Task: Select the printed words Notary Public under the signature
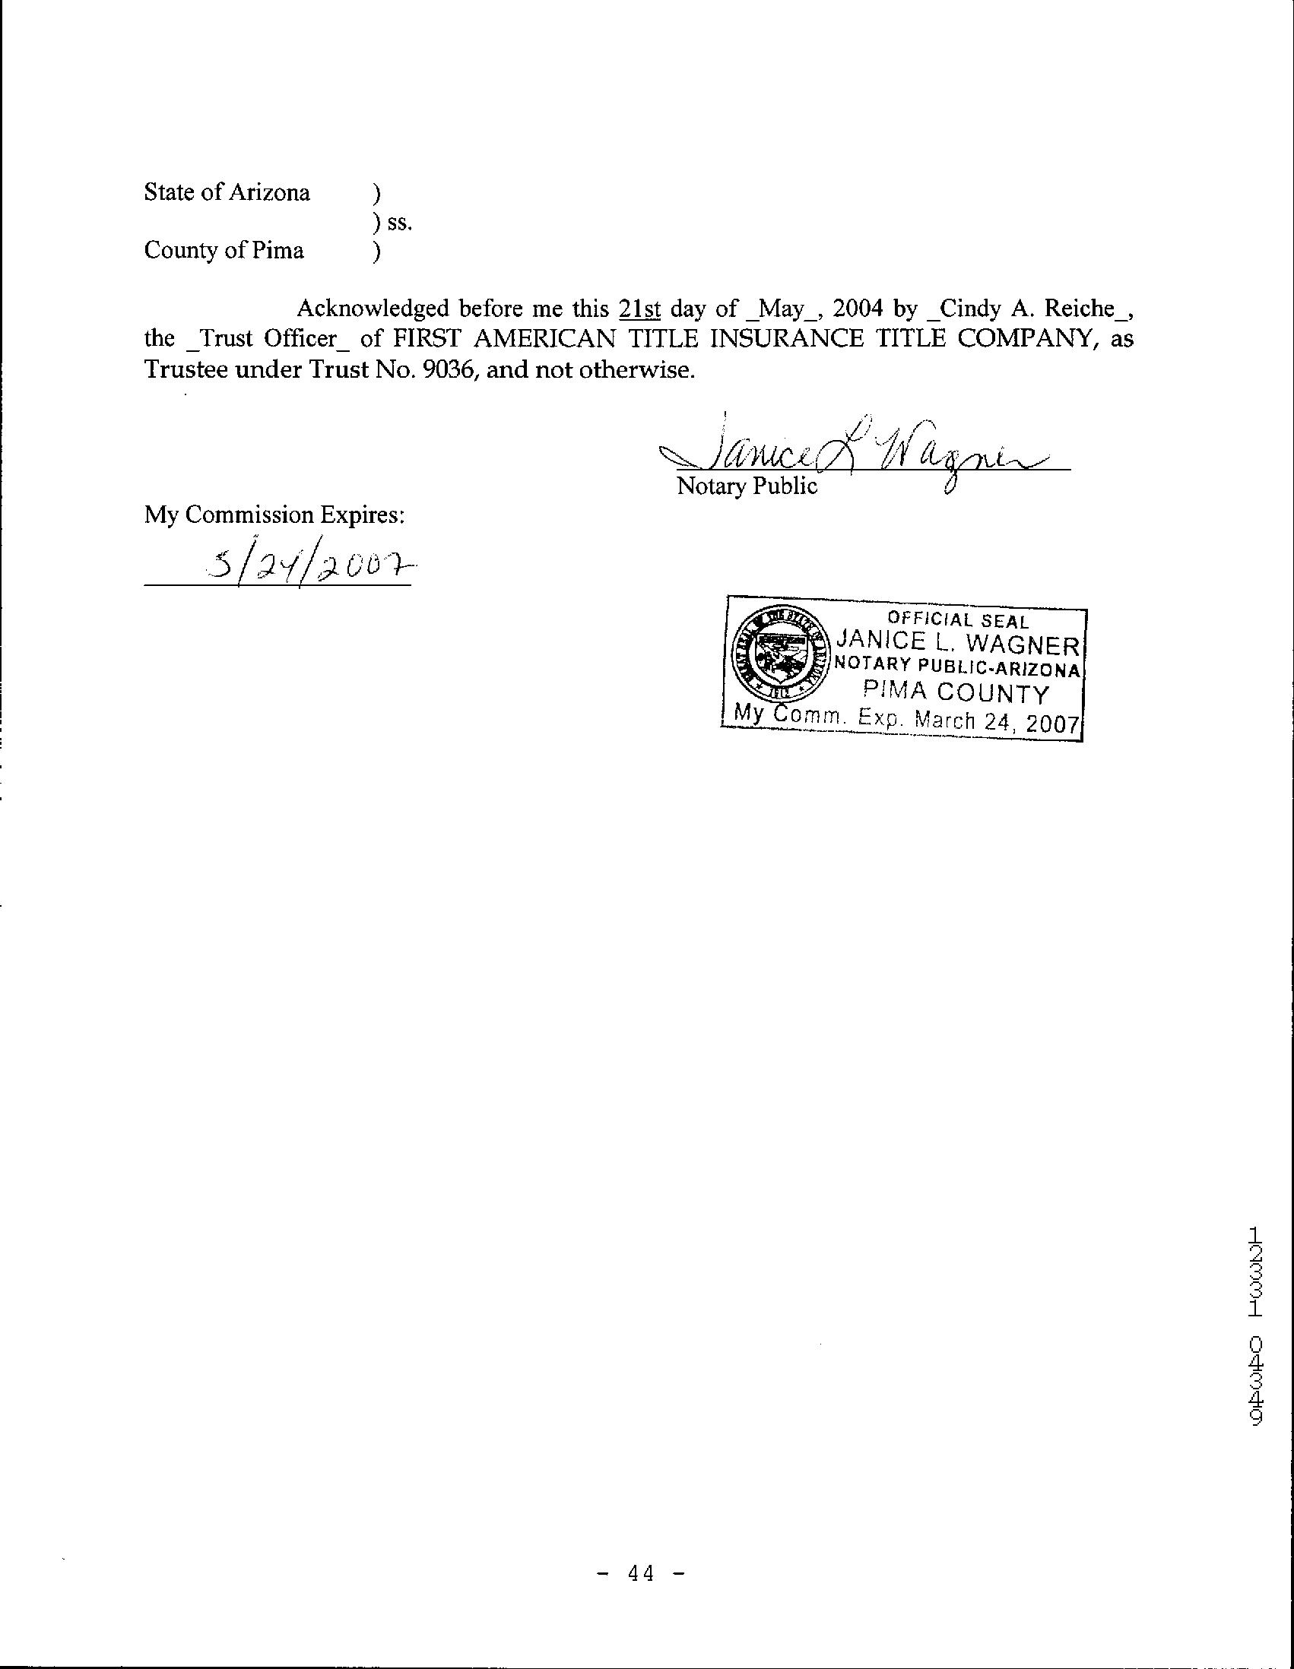747,486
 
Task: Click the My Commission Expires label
274,515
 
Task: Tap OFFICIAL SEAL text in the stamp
958,621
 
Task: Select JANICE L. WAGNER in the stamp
959,644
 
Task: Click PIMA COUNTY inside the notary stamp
956,693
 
